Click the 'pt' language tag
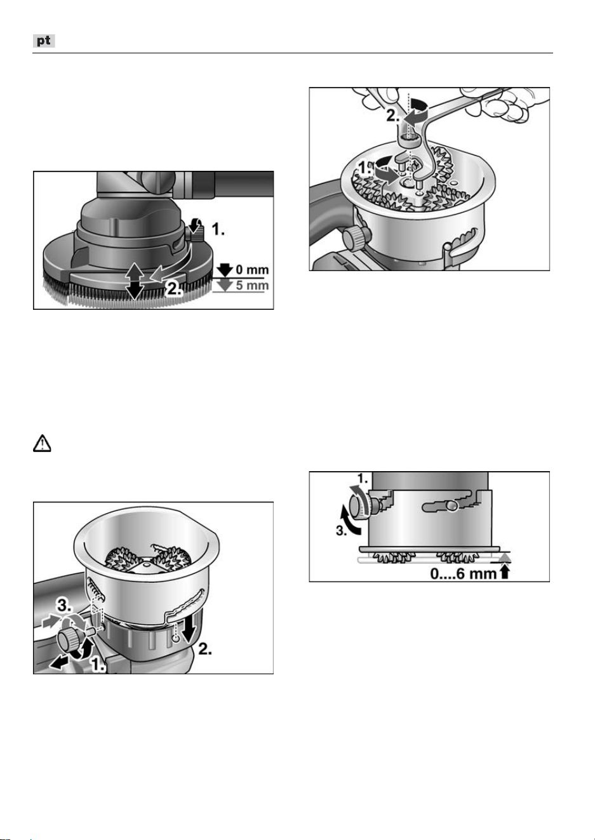[44, 41]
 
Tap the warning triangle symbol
[42, 443]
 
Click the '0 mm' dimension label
[252, 270]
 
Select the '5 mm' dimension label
[252, 286]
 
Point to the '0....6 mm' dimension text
[463, 574]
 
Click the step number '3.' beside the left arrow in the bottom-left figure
[65, 604]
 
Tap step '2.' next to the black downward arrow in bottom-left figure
[205, 650]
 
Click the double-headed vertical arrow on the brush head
[135, 281]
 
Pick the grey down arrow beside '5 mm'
[225, 286]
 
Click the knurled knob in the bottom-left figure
[69, 639]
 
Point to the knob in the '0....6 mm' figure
[359, 507]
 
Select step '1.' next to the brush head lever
[218, 229]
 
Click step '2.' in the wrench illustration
[393, 116]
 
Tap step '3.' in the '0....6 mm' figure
[340, 531]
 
